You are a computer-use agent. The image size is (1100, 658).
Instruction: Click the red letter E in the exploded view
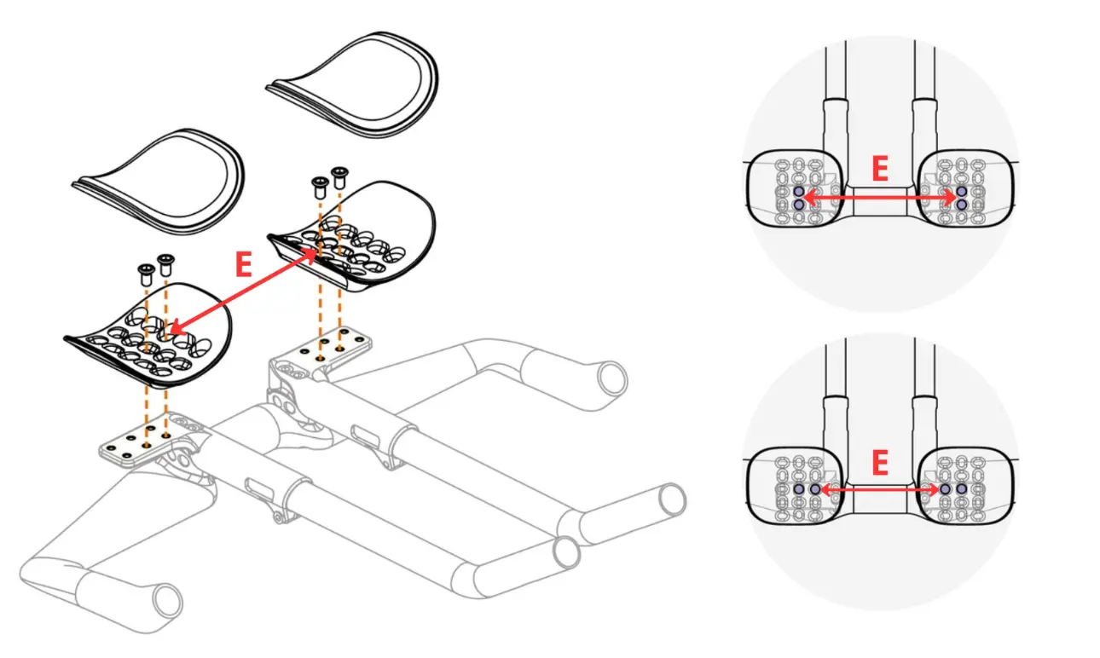click(x=244, y=264)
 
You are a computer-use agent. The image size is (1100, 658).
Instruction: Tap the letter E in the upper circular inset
click(x=880, y=169)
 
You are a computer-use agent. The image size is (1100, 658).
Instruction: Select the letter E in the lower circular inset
click(x=880, y=463)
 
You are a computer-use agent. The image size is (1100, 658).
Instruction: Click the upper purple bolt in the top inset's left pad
click(x=799, y=192)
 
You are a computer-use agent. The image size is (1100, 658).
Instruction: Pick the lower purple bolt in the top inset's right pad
click(x=962, y=204)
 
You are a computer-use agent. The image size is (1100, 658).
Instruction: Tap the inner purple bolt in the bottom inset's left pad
click(x=815, y=489)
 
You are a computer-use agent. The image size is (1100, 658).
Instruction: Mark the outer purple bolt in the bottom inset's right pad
click(x=962, y=489)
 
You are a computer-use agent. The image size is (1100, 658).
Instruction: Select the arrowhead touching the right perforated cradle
click(x=310, y=254)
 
